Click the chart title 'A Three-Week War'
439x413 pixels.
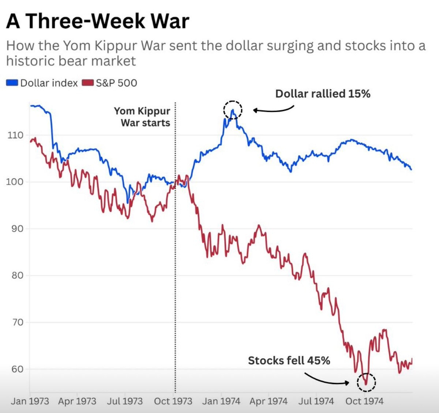pyautogui.click(x=98, y=21)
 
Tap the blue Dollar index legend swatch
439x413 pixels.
pyautogui.click(x=12, y=83)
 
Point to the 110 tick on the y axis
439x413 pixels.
pyautogui.click(x=15, y=135)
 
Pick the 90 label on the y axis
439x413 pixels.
pyautogui.click(x=15, y=229)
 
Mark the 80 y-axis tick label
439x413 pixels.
pyautogui.click(x=15, y=275)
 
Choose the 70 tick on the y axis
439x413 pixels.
pyautogui.click(x=15, y=322)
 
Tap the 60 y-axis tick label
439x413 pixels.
pyautogui.click(x=15, y=369)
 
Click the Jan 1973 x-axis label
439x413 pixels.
pyautogui.click(x=30, y=401)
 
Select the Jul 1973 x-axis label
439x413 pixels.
pyautogui.click(x=125, y=401)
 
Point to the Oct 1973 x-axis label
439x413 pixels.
pyautogui.click(x=173, y=401)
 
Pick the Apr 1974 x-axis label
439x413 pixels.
pyautogui.click(x=269, y=401)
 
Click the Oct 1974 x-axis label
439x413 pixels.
pyautogui.click(x=364, y=401)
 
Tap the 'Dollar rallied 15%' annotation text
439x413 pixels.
pyautogui.click(x=323, y=94)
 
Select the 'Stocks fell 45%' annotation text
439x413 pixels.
pyautogui.click(x=289, y=361)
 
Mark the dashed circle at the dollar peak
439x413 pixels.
pyautogui.click(x=233, y=110)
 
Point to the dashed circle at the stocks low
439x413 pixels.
pyautogui.click(x=366, y=382)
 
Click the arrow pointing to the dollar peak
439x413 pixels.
pyautogui.click(x=273, y=109)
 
